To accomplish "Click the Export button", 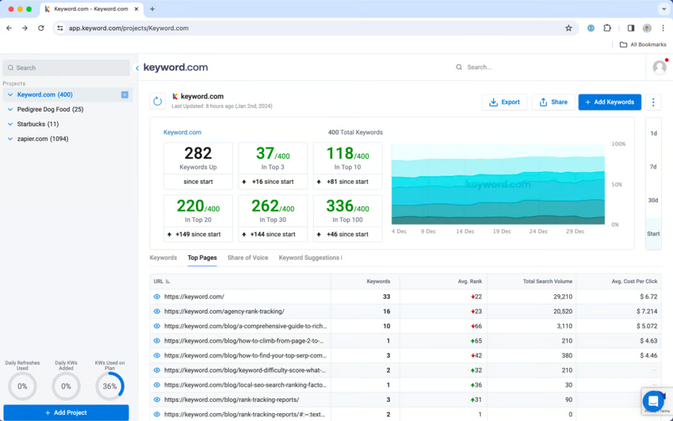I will tap(504, 102).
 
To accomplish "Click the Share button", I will tap(553, 102).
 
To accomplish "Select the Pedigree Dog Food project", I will tap(50, 109).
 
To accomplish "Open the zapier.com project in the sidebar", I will tap(42, 139).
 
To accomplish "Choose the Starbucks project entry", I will tap(37, 124).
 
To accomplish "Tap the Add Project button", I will tap(66, 412).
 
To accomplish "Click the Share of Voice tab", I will tap(248, 258).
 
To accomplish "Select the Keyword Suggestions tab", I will tap(310, 258).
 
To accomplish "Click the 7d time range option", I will tap(653, 167).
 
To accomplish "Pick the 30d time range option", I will tap(653, 201).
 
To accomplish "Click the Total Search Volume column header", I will tap(547, 282).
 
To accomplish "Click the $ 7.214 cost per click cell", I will tap(642, 311).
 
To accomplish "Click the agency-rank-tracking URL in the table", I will tap(224, 311).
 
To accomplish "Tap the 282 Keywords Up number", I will tap(198, 153).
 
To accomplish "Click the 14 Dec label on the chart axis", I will tap(465, 232).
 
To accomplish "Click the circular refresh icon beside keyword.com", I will tap(157, 101).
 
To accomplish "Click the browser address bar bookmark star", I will tap(569, 28).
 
